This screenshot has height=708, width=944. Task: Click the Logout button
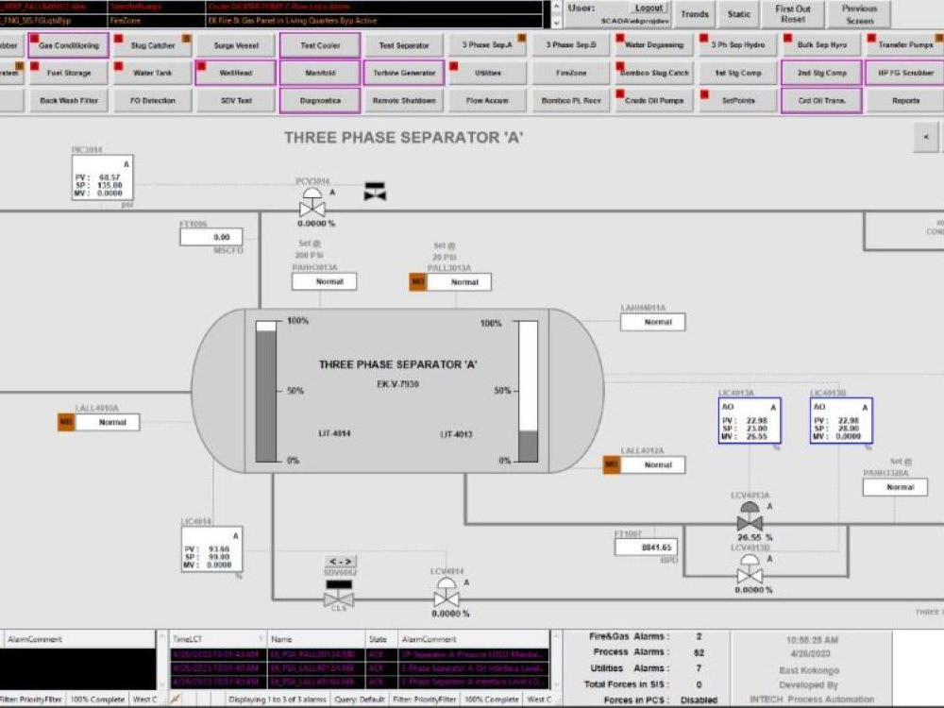coord(649,8)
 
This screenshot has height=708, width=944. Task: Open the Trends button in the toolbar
coord(694,14)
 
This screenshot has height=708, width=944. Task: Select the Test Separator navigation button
coord(404,45)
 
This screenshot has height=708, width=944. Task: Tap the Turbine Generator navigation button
coord(404,73)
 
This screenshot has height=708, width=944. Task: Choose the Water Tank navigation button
coord(151,73)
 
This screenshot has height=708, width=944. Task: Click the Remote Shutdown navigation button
coord(404,100)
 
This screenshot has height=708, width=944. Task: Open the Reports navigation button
coord(905,100)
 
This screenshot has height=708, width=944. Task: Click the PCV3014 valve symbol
coord(312,203)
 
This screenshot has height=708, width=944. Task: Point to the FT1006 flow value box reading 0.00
coord(211,238)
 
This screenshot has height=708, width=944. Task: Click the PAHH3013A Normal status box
coord(324,281)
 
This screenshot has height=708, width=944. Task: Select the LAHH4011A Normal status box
coord(652,322)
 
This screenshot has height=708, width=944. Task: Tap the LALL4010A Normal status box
coord(107,422)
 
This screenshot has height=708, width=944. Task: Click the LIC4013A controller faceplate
coord(750,421)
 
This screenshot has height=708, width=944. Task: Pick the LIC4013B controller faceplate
coord(841,421)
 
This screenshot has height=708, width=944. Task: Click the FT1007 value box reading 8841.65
coord(646,548)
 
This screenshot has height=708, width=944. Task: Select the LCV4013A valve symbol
coord(750,517)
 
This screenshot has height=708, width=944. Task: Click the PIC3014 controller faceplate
coord(102,178)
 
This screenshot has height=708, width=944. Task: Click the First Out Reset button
coord(793,14)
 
